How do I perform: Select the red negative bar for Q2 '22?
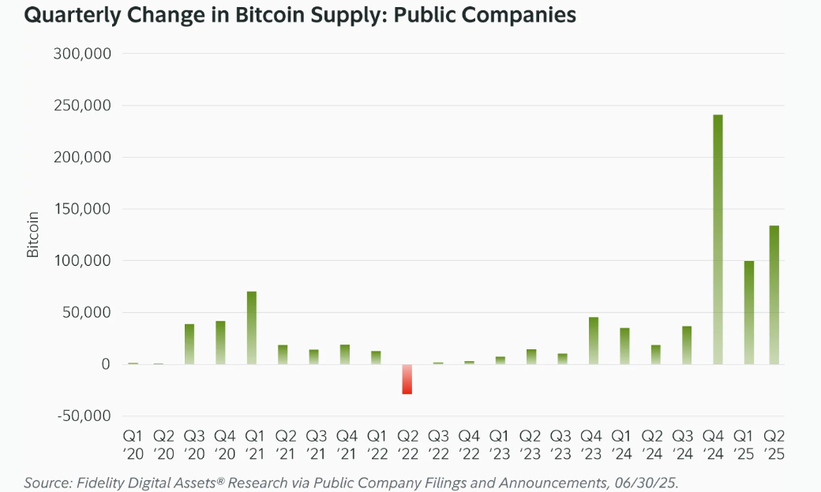pyautogui.click(x=407, y=379)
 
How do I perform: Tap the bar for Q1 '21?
pyautogui.click(x=252, y=328)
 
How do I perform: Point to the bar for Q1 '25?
pyautogui.click(x=749, y=312)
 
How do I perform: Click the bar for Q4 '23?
pyautogui.click(x=594, y=341)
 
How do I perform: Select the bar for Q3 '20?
pyautogui.click(x=189, y=344)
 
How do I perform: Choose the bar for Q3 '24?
pyautogui.click(x=687, y=345)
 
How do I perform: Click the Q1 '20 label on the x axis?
pyautogui.click(x=132, y=445)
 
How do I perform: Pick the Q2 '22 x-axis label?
pyautogui.click(x=407, y=445)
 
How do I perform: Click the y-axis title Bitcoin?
pyautogui.click(x=33, y=234)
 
